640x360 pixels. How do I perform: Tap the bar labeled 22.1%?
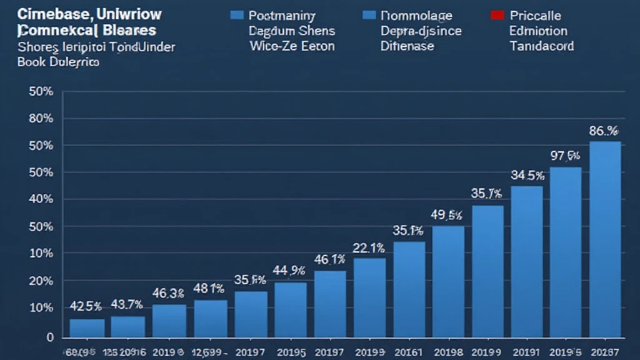tap(369, 297)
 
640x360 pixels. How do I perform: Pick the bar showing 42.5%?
tap(87, 327)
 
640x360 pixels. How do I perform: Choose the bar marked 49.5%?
tap(448, 281)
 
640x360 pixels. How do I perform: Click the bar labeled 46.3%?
tap(169, 320)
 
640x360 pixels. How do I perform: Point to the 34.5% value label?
tap(527, 176)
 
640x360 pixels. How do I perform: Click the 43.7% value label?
tap(127, 304)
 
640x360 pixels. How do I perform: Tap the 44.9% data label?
tap(289, 271)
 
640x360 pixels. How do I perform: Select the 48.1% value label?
tap(209, 289)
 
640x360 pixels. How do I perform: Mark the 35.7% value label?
tap(487, 194)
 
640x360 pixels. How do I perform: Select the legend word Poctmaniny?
tap(281, 16)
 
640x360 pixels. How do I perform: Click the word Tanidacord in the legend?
tap(541, 46)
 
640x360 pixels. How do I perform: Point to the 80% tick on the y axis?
tap(41, 118)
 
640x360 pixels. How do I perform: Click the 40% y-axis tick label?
tap(41, 199)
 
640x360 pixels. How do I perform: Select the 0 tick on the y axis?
tap(49, 337)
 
